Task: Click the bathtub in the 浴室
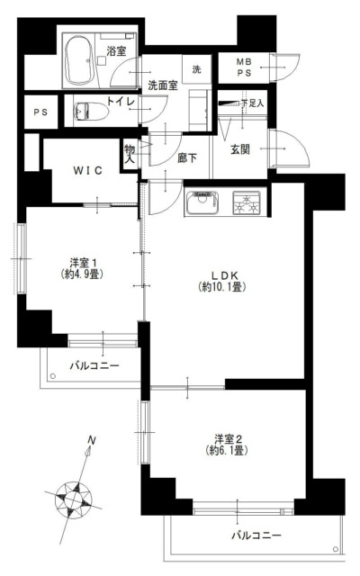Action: point(79,60)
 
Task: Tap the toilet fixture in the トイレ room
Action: point(90,111)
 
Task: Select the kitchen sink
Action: point(202,202)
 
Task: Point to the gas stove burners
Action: point(247,203)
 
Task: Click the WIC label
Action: point(88,170)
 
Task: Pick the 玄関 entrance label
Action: point(240,149)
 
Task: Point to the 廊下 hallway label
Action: point(187,158)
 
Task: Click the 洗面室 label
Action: point(163,85)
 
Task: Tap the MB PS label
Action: point(244,67)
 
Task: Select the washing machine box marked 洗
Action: point(197,69)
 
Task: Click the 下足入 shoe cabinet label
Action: point(253,103)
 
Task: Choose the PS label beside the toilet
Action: point(40,112)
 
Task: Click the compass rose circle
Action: point(74,499)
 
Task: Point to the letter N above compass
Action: point(92,440)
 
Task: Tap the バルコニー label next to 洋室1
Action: point(94,366)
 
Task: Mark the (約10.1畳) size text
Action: point(222,286)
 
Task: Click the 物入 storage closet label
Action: point(130,154)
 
